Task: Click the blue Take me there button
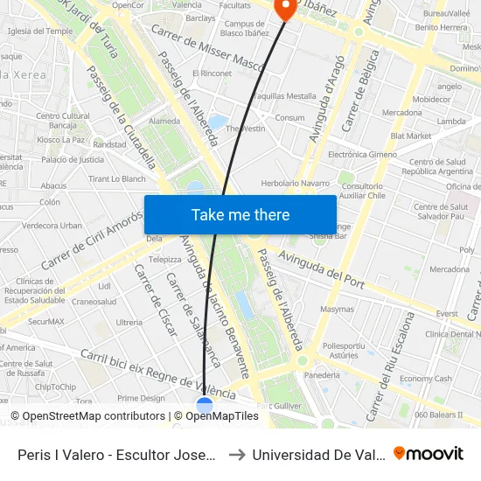click(x=240, y=214)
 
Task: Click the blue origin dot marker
click(x=205, y=406)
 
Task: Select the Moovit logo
click(x=429, y=453)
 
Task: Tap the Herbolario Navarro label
click(x=296, y=184)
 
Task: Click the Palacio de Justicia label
click(x=73, y=160)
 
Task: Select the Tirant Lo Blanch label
click(x=116, y=179)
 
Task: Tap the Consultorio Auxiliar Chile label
click(x=362, y=191)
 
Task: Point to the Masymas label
click(x=337, y=309)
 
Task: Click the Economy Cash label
click(x=425, y=379)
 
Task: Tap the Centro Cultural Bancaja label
click(x=64, y=121)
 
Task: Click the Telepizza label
click(x=164, y=260)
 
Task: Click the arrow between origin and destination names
click(x=235, y=455)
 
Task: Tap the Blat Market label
click(x=411, y=136)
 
